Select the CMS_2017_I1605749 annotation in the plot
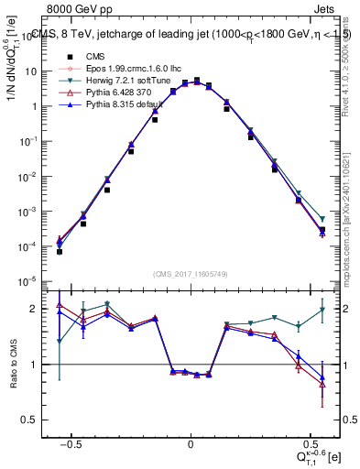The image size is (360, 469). (190, 274)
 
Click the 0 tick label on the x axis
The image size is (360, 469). (191, 445)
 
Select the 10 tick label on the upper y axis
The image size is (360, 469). (33, 71)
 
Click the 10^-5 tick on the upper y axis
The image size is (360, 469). (31, 281)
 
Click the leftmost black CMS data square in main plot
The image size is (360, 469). (59, 250)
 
